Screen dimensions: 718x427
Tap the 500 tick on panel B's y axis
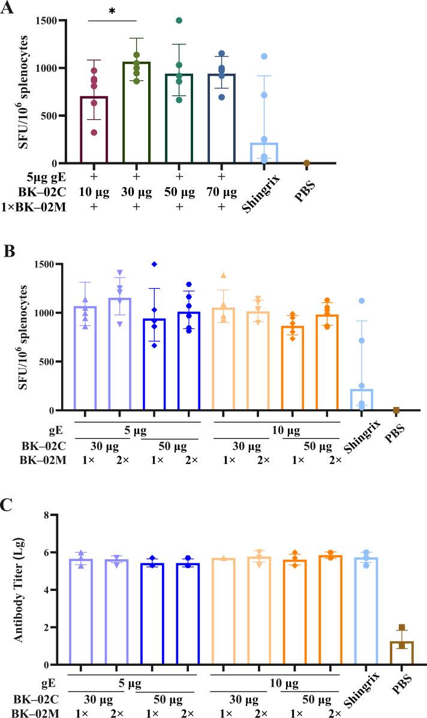tap(47, 361)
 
